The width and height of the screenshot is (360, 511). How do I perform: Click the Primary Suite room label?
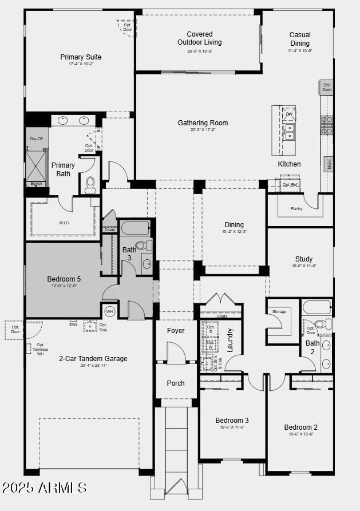(81, 57)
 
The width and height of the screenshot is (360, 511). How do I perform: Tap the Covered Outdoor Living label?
(199, 38)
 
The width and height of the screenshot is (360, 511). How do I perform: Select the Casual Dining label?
(299, 39)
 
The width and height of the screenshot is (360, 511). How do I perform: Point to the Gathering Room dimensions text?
(203, 130)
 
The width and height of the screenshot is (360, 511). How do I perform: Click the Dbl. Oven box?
(326, 87)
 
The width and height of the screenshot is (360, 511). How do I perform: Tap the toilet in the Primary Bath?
(90, 184)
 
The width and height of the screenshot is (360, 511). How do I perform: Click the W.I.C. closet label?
(64, 223)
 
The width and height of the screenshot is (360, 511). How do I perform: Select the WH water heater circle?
(110, 311)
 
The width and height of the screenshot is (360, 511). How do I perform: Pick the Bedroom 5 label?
(64, 279)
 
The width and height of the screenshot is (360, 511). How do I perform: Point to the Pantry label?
(296, 209)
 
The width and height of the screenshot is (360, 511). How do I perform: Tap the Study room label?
(304, 259)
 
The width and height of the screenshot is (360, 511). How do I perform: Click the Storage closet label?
(279, 312)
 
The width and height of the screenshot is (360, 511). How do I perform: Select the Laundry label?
(231, 339)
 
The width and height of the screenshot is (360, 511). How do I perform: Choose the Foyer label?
(176, 331)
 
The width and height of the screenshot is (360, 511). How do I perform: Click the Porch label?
(176, 383)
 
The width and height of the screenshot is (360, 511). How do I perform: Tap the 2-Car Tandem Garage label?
(93, 359)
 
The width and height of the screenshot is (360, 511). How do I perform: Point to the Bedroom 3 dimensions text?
(232, 427)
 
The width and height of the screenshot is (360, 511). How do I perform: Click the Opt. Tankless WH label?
(40, 349)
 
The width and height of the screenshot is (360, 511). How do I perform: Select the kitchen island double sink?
(290, 135)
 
